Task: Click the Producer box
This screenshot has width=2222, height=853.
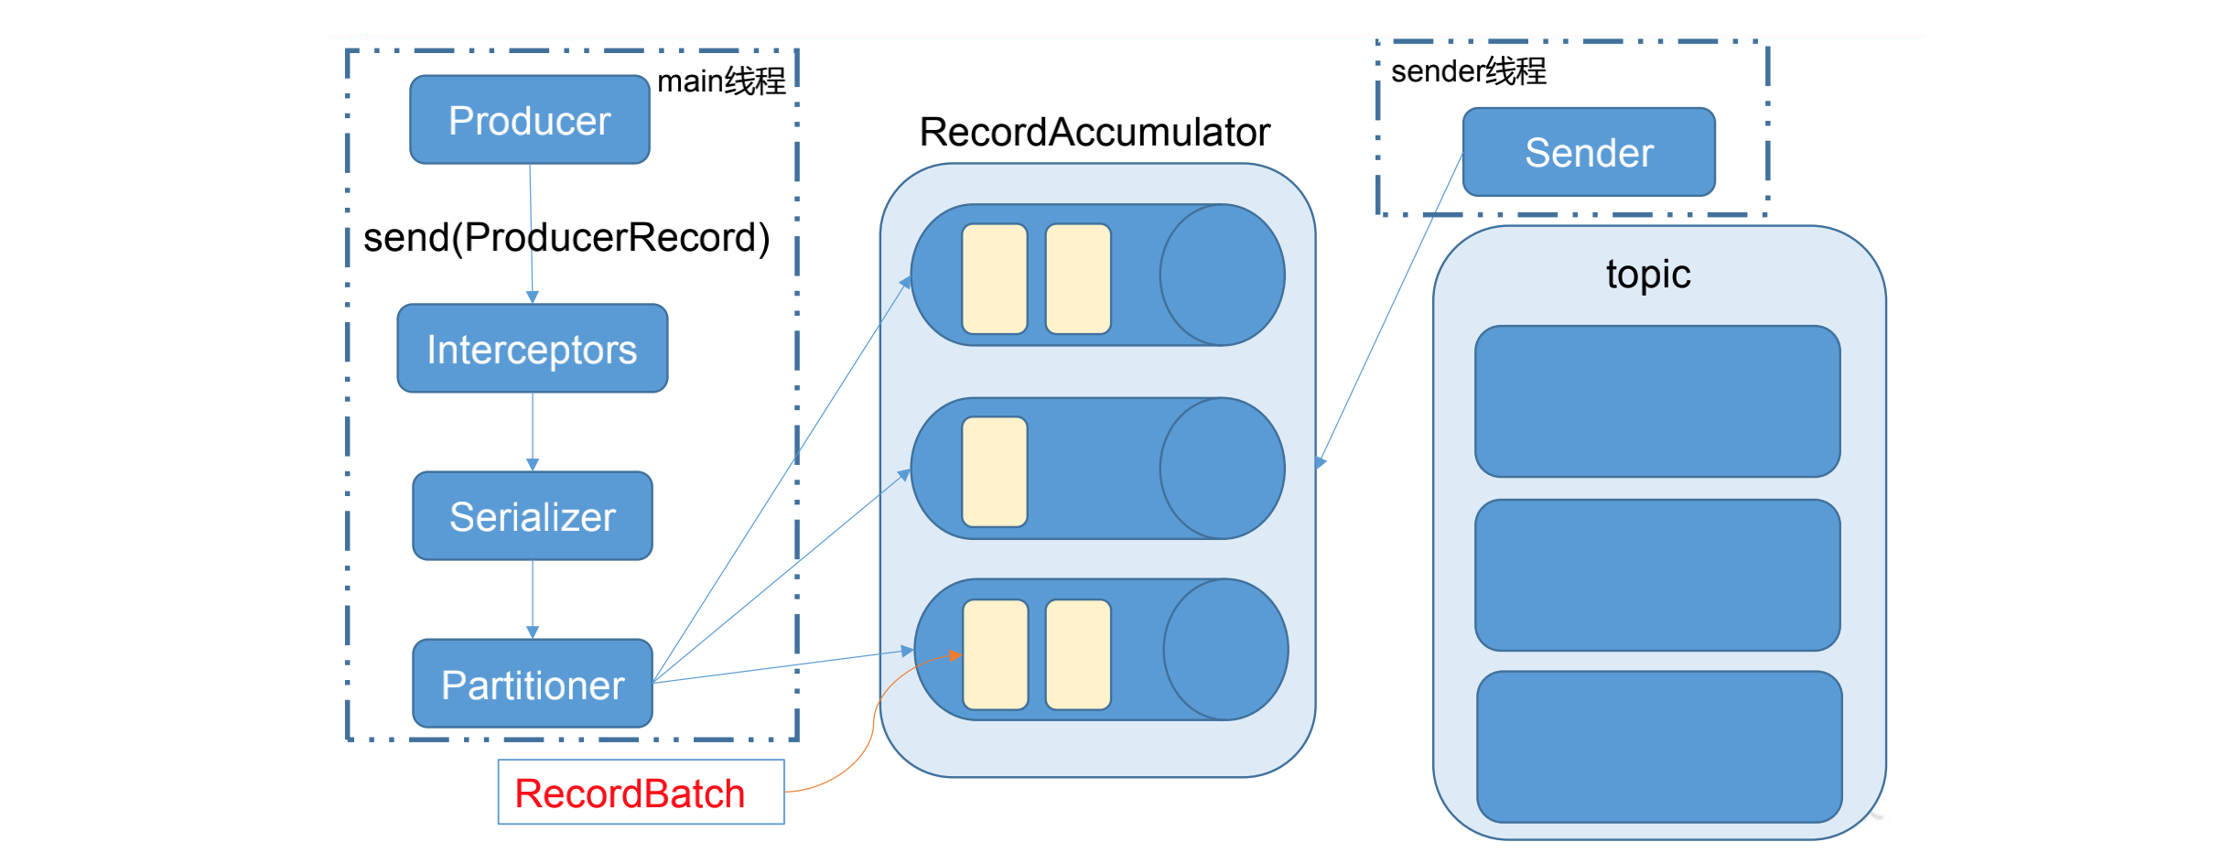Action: click(x=530, y=120)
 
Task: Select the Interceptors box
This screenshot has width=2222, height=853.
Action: click(x=532, y=349)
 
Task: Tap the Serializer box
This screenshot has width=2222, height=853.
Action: click(x=532, y=516)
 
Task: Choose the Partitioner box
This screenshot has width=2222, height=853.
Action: click(x=532, y=684)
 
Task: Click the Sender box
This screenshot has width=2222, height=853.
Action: click(x=1589, y=152)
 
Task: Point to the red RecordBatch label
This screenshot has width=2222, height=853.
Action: click(x=630, y=793)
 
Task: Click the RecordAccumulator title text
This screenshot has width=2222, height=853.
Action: click(x=1095, y=132)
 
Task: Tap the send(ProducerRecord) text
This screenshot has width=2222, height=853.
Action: click(x=566, y=237)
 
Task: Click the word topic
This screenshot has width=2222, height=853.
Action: click(x=1648, y=274)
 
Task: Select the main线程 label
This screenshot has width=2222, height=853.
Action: click(x=721, y=81)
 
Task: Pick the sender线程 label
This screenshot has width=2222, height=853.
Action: click(x=1468, y=70)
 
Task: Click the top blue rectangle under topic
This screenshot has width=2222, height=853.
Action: click(x=1657, y=401)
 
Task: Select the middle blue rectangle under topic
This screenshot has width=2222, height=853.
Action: click(x=1657, y=575)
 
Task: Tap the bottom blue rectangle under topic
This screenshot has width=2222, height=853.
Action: click(x=1659, y=747)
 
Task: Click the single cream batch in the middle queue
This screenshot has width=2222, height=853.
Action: click(x=995, y=471)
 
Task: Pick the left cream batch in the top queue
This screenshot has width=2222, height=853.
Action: click(x=995, y=278)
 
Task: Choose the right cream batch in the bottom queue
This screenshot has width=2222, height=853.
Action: click(x=1078, y=654)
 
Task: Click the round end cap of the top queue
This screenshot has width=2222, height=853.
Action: click(x=1223, y=275)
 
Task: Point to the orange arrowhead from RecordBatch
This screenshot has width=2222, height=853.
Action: click(x=955, y=655)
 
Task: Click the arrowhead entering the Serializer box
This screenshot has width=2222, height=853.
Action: click(x=533, y=466)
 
